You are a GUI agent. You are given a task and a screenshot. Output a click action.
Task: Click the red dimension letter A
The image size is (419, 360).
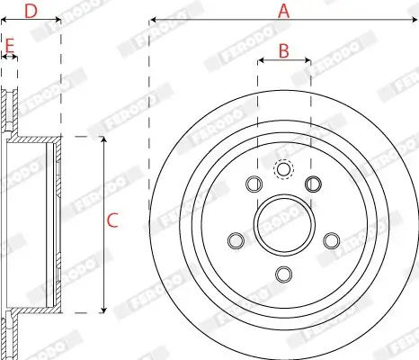click(284, 11)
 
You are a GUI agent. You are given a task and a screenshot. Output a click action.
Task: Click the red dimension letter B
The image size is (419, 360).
click(284, 50)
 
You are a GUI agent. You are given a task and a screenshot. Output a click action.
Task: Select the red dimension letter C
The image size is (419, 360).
click(112, 220)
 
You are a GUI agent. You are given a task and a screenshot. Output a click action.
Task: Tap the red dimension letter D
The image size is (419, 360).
click(31, 11)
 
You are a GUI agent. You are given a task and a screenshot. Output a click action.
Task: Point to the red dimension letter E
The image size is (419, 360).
click(10, 46)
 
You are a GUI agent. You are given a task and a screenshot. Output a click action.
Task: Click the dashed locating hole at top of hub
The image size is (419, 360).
click(283, 169)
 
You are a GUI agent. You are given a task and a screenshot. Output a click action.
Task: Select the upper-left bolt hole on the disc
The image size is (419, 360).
click(254, 184)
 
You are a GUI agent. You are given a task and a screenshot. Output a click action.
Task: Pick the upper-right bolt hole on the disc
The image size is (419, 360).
click(313, 184)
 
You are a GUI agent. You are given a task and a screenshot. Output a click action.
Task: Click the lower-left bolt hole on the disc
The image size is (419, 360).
click(236, 240)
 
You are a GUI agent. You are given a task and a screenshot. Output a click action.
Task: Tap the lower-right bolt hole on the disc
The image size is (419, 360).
click(332, 240)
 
